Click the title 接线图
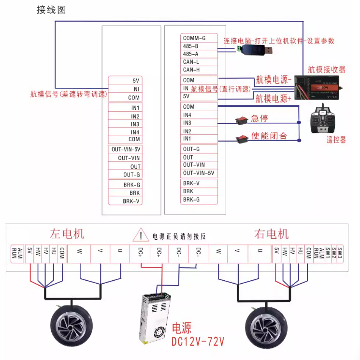51,10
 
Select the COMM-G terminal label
194,38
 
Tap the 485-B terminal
190,46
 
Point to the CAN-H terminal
191,70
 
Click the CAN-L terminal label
191,62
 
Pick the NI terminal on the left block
136,89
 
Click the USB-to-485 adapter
255,50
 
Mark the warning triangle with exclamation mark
141,236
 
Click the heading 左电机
67,234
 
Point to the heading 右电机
271,234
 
